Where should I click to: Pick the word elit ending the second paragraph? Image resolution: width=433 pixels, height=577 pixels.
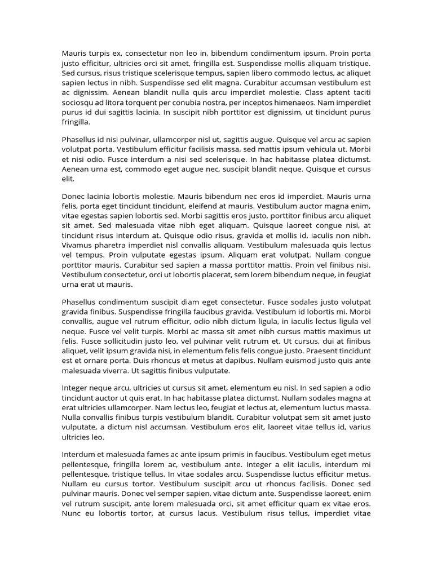point(68,178)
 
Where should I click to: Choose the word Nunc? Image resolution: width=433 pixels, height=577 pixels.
point(71,513)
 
